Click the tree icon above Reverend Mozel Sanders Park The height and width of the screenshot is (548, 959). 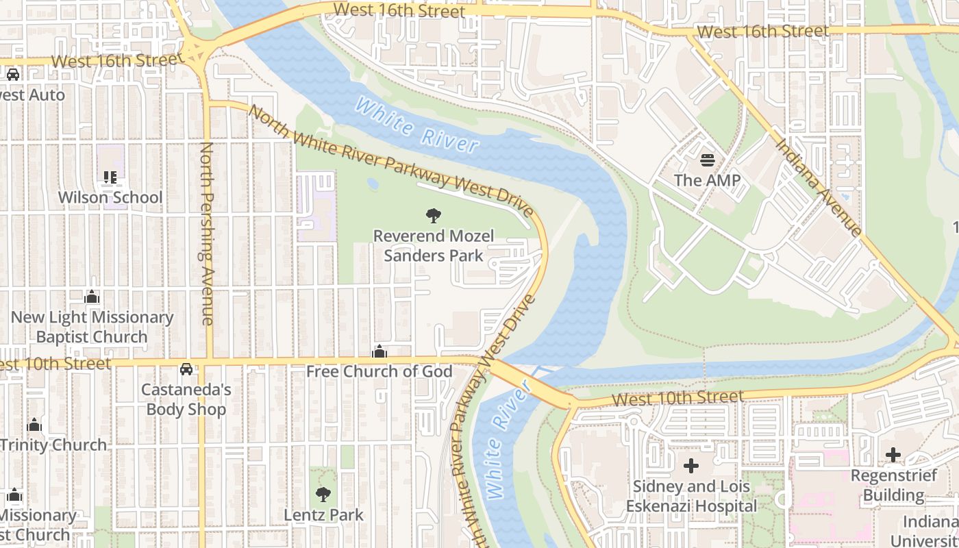(x=433, y=216)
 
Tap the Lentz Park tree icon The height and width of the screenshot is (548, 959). (x=323, y=495)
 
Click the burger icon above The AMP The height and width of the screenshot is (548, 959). (x=708, y=161)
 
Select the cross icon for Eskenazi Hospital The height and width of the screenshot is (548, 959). (x=691, y=466)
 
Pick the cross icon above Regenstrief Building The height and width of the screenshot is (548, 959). (x=893, y=455)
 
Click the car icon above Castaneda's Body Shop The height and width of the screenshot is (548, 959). (x=186, y=369)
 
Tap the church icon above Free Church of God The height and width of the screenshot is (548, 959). (x=379, y=352)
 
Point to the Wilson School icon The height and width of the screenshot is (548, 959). (x=110, y=178)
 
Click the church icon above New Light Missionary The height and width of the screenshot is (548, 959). (x=92, y=297)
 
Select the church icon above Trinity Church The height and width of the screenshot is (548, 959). (x=34, y=425)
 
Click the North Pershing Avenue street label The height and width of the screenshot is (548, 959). (x=206, y=233)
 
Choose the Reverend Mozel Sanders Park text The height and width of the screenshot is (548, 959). (x=433, y=246)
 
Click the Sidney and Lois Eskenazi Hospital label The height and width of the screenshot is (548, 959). (x=691, y=497)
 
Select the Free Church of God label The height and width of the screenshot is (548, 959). (x=379, y=371)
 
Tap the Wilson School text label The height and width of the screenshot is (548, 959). (x=110, y=197)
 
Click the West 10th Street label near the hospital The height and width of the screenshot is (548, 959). (x=677, y=397)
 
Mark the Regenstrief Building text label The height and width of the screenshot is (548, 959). (x=893, y=485)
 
